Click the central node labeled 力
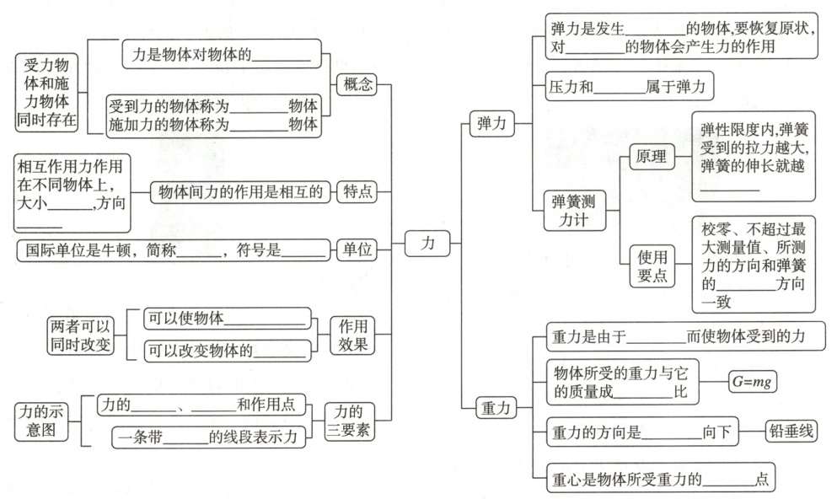pyautogui.click(x=427, y=243)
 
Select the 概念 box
pyautogui.click(x=357, y=84)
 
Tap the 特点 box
pyautogui.click(x=357, y=192)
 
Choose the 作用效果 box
pyautogui.click(x=352, y=335)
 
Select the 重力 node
pyautogui.click(x=493, y=408)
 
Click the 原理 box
pyautogui.click(x=652, y=157)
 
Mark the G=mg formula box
pyautogui.click(x=752, y=382)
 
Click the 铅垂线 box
pyautogui.click(x=791, y=432)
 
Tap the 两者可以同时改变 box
pyautogui.click(x=79, y=335)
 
